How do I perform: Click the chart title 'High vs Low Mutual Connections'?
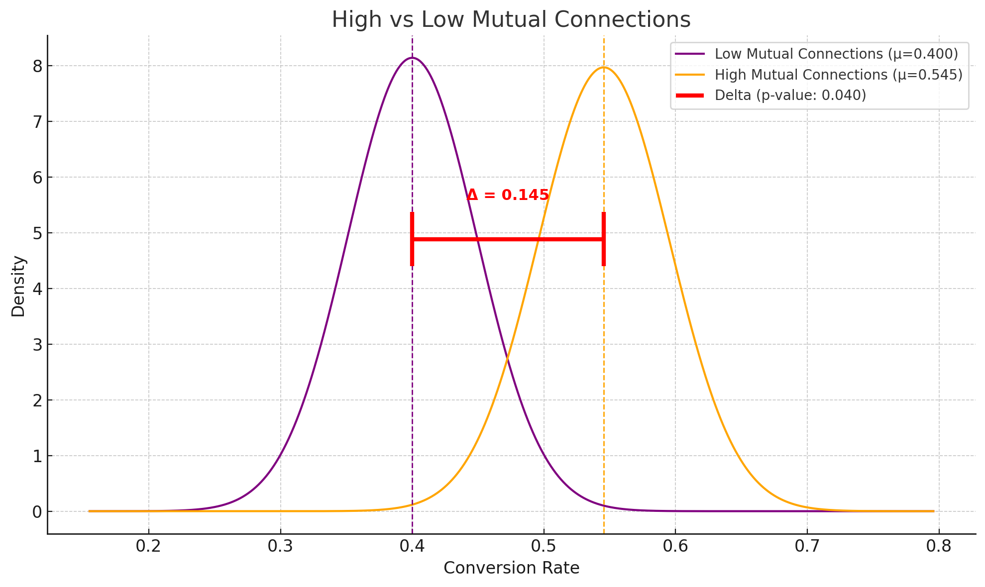point(511,20)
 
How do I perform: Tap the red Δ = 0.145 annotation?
point(508,195)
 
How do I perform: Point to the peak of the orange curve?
point(603,67)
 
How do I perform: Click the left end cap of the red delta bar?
point(412,239)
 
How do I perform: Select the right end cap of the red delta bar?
point(603,239)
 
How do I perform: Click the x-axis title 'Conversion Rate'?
point(511,568)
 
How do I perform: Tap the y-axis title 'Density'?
point(18,286)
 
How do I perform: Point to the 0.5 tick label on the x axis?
point(544,547)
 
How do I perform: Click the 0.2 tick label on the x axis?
point(148,547)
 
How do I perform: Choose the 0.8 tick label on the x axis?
point(939,547)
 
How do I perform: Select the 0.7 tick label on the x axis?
point(807,547)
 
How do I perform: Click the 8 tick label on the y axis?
point(37,66)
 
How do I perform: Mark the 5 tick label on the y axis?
point(37,233)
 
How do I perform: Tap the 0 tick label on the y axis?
point(37,512)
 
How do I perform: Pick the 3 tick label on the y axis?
point(37,345)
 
